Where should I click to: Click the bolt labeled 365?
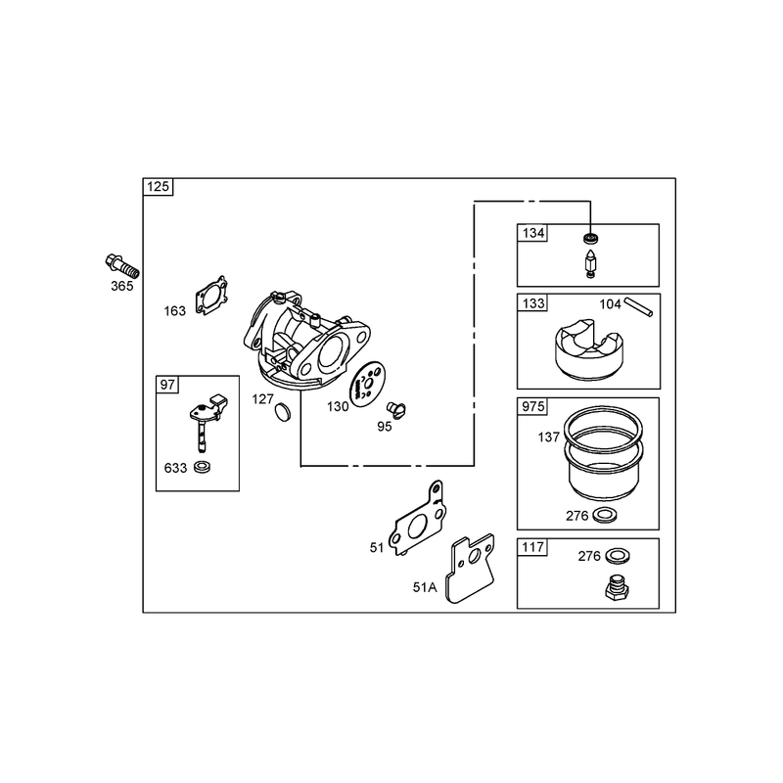122,266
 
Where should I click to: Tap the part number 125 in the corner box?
158,187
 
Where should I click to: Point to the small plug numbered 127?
283,411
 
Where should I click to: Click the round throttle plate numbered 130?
367,385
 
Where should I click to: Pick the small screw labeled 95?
396,409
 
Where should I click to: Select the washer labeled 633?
202,468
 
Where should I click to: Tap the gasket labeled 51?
419,520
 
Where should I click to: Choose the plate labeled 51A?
470,569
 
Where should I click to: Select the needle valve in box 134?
591,263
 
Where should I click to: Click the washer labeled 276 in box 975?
604,515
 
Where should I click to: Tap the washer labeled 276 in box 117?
618,555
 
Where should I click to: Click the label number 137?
548,438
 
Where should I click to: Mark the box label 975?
532,406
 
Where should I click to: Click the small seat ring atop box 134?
591,238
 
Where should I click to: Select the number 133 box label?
533,303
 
